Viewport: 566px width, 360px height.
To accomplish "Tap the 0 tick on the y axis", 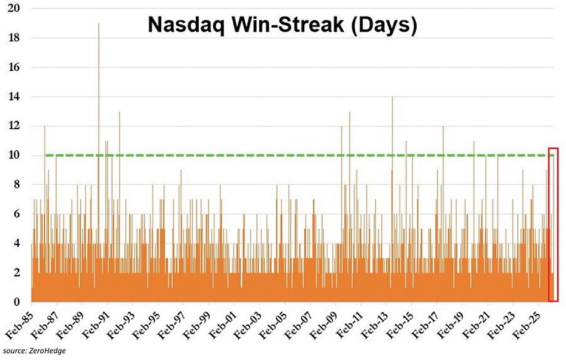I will [18, 302].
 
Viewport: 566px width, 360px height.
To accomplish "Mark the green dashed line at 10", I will [276, 155].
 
